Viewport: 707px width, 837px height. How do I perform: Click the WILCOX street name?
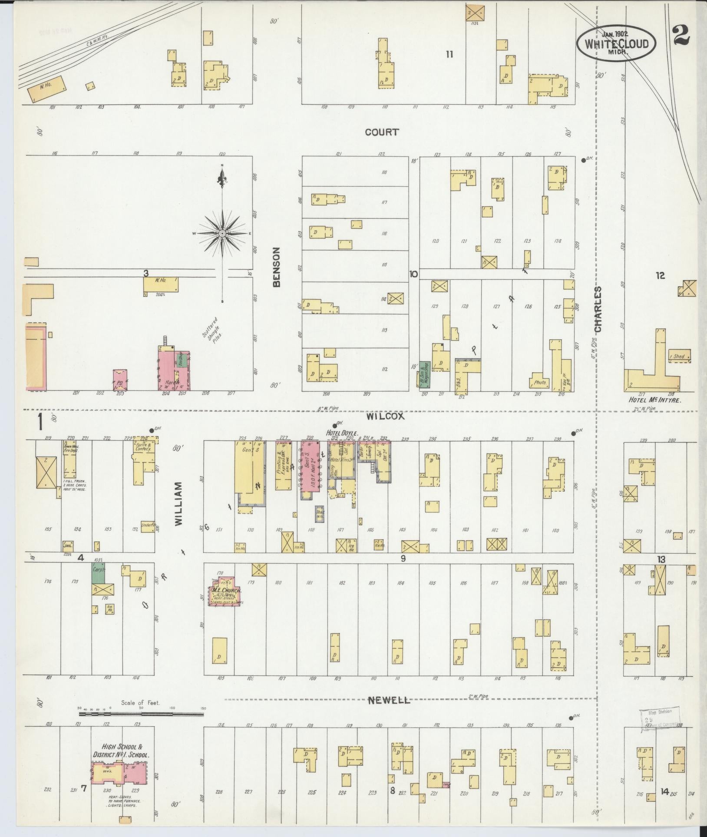385,416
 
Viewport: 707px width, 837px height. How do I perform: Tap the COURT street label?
382,132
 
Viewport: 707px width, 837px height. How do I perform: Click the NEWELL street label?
389,712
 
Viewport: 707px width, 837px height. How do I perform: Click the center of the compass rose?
222,233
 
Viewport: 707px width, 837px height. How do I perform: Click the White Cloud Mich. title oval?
616,43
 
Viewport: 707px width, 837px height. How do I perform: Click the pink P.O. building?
120,380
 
